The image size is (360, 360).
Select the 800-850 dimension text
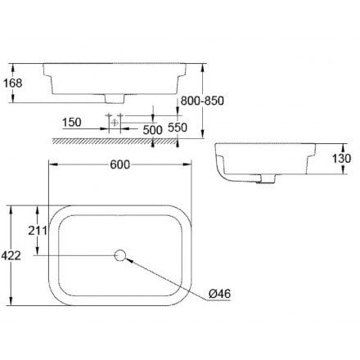(203, 100)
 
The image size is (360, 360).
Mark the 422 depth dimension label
(12, 255)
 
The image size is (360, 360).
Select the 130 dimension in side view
(343, 158)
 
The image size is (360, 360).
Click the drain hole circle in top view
(120, 256)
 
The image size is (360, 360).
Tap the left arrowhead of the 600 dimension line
(52, 164)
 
